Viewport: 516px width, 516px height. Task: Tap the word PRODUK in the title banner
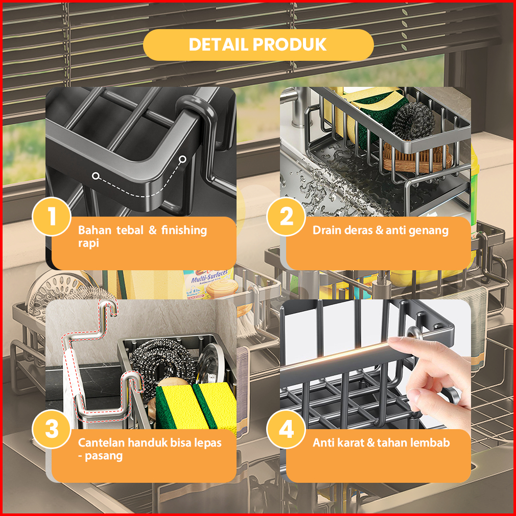290,44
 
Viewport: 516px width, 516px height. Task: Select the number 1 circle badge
52,216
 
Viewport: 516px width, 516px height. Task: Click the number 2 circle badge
286,216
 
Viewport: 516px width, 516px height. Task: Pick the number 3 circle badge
52,429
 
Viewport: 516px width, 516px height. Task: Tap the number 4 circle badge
286,429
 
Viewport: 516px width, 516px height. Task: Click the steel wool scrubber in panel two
414,120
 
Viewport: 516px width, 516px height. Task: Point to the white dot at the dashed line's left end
96,176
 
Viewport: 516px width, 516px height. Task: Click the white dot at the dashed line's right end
182,159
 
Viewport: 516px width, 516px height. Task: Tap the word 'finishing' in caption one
184,231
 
